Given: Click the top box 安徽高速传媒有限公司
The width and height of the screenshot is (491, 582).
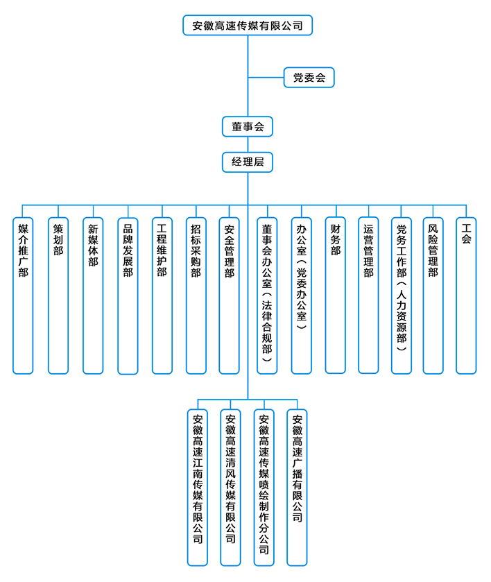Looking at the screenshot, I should click(x=248, y=26).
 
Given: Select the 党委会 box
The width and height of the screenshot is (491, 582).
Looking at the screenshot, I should click(x=309, y=78).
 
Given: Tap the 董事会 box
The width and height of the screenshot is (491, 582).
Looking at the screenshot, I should click(x=248, y=126).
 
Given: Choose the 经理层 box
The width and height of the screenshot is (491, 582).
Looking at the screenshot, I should click(x=248, y=162).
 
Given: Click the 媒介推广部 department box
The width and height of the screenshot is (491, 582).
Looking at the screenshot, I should click(x=23, y=295).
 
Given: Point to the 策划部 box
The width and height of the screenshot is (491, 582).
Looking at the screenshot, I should click(x=58, y=295).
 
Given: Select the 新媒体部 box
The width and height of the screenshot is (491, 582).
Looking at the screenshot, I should click(x=93, y=295).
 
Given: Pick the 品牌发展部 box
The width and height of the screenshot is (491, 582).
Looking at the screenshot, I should click(x=128, y=295).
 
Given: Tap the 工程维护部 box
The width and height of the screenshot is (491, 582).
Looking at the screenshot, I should click(x=162, y=295).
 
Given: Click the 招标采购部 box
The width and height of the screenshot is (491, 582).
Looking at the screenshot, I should click(x=196, y=295).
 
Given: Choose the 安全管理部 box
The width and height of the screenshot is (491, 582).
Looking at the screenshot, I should click(x=230, y=295).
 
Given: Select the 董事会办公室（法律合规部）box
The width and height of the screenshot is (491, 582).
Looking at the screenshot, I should click(x=267, y=295).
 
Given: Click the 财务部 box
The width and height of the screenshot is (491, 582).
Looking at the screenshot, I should click(x=336, y=295).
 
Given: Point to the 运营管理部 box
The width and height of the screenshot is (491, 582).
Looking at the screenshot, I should click(x=368, y=295).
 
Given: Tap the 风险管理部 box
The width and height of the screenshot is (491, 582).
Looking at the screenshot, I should click(x=433, y=295).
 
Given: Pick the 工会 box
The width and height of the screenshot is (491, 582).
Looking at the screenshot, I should click(x=466, y=295).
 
